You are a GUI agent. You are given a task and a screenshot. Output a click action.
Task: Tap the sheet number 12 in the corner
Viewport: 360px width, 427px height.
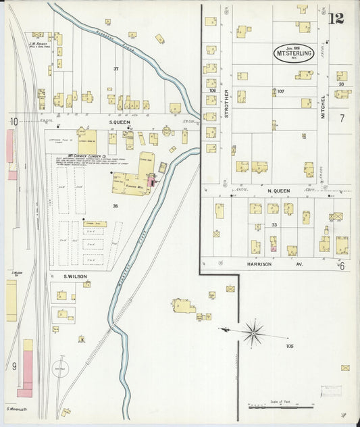coord(336,18)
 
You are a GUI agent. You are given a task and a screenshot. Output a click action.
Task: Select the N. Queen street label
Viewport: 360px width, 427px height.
coord(279,191)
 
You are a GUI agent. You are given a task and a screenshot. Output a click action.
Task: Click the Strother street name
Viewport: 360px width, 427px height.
coord(227,103)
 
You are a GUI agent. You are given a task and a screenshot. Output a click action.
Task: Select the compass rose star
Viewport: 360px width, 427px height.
coord(253,332)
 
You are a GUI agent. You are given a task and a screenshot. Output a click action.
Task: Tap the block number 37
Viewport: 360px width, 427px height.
coord(116,69)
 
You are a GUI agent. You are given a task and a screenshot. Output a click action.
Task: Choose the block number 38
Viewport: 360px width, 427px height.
coord(115,206)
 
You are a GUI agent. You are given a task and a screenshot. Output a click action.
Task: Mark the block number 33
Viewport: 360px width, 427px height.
coord(274,225)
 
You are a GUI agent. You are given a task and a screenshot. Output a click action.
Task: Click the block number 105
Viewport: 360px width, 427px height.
coord(290,346)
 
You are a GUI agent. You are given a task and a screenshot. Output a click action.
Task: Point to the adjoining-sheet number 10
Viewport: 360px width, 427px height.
coord(13,122)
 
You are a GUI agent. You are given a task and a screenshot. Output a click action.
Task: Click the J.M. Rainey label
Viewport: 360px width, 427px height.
coord(36,44)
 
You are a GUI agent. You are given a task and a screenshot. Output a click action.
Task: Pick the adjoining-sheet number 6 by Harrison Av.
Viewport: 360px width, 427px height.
coord(342,266)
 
